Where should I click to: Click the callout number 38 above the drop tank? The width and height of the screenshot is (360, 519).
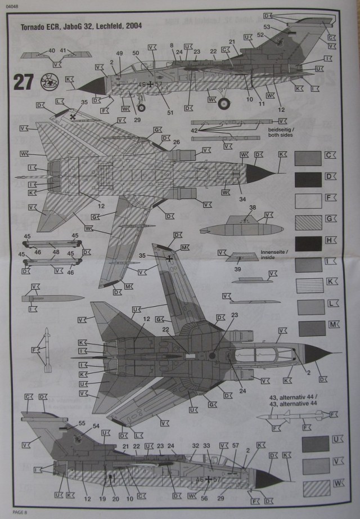click(253, 208)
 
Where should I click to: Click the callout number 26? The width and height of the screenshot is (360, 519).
click(176, 142)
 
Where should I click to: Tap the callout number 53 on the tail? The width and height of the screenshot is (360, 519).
click(267, 26)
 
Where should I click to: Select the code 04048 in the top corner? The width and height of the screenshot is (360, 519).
click(13, 5)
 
